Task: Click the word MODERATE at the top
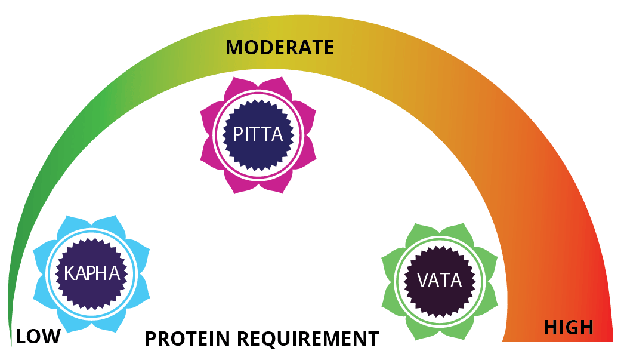pos(279,48)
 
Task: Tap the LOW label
pos(38,336)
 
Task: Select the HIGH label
pos(568,327)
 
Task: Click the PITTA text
pos(258,134)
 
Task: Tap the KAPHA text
pos(92,274)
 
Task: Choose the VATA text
pos(440,280)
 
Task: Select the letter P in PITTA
pos(238,134)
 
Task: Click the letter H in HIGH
pos(551,327)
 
